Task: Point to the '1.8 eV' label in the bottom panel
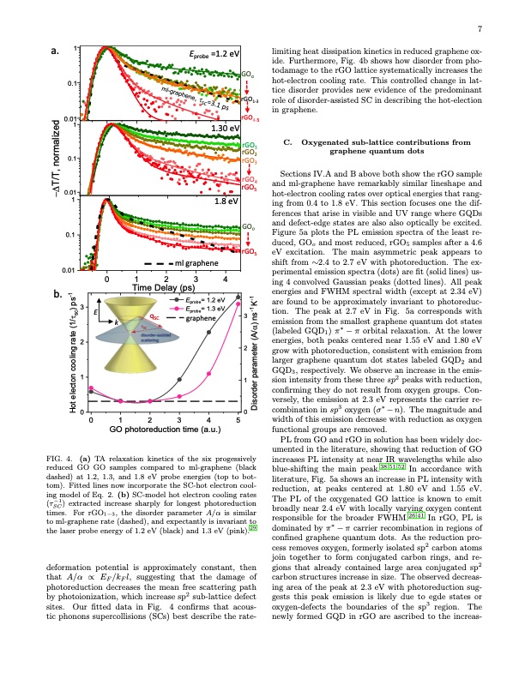[x=226, y=202]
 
